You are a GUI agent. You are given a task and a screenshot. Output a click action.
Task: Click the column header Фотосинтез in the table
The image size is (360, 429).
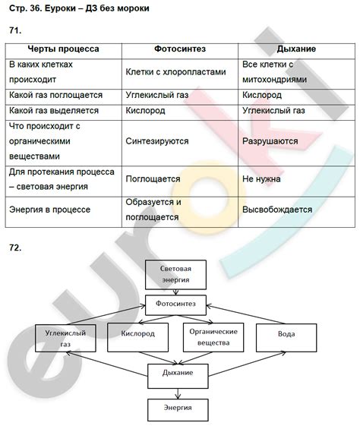178,49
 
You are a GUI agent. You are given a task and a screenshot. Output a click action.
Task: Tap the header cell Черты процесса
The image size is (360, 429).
65,49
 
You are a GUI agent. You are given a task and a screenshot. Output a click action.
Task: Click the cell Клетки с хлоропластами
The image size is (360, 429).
176,72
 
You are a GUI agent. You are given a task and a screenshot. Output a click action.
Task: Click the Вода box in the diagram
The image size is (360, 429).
286,335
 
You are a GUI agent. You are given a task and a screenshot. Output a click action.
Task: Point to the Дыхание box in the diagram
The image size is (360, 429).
177,373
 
